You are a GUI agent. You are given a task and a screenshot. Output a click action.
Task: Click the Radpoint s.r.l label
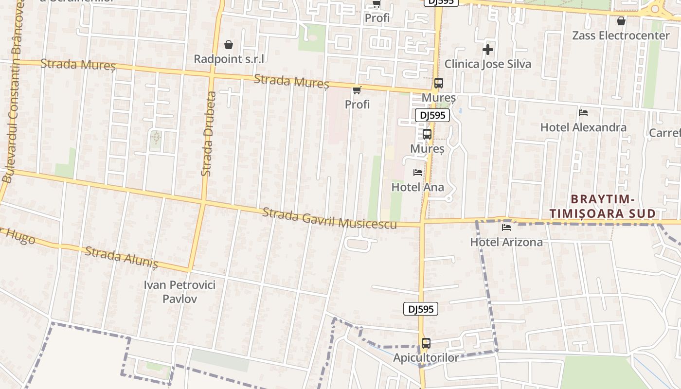click(229, 59)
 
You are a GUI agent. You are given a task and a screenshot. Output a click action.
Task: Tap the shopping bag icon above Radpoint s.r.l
click(229, 45)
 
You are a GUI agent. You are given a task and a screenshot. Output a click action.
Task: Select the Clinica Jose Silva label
click(487, 64)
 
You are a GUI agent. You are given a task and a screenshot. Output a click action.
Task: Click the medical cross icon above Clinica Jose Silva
click(488, 50)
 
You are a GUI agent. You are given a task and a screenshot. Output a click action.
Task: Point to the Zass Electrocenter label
click(621, 35)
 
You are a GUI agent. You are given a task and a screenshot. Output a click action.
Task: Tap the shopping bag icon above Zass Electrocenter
click(621, 21)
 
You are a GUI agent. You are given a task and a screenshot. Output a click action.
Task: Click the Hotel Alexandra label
click(583, 127)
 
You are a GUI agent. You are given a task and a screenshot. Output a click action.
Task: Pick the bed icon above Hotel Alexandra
click(583, 113)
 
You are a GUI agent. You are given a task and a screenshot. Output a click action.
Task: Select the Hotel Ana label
click(417, 187)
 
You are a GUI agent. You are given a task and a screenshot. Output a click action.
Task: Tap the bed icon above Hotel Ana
click(418, 173)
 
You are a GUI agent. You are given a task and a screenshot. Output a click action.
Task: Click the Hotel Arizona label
click(506, 242)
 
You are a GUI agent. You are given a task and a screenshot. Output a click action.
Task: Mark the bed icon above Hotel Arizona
click(506, 228)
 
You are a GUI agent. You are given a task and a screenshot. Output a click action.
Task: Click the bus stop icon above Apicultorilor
click(426, 343)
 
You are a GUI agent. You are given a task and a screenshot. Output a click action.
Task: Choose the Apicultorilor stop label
click(426, 358)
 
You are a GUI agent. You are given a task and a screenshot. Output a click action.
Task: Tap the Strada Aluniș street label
click(122, 257)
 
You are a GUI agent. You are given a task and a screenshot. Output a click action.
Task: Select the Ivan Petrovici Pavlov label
click(179, 291)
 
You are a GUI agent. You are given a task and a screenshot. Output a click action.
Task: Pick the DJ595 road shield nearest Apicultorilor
click(421, 309)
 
